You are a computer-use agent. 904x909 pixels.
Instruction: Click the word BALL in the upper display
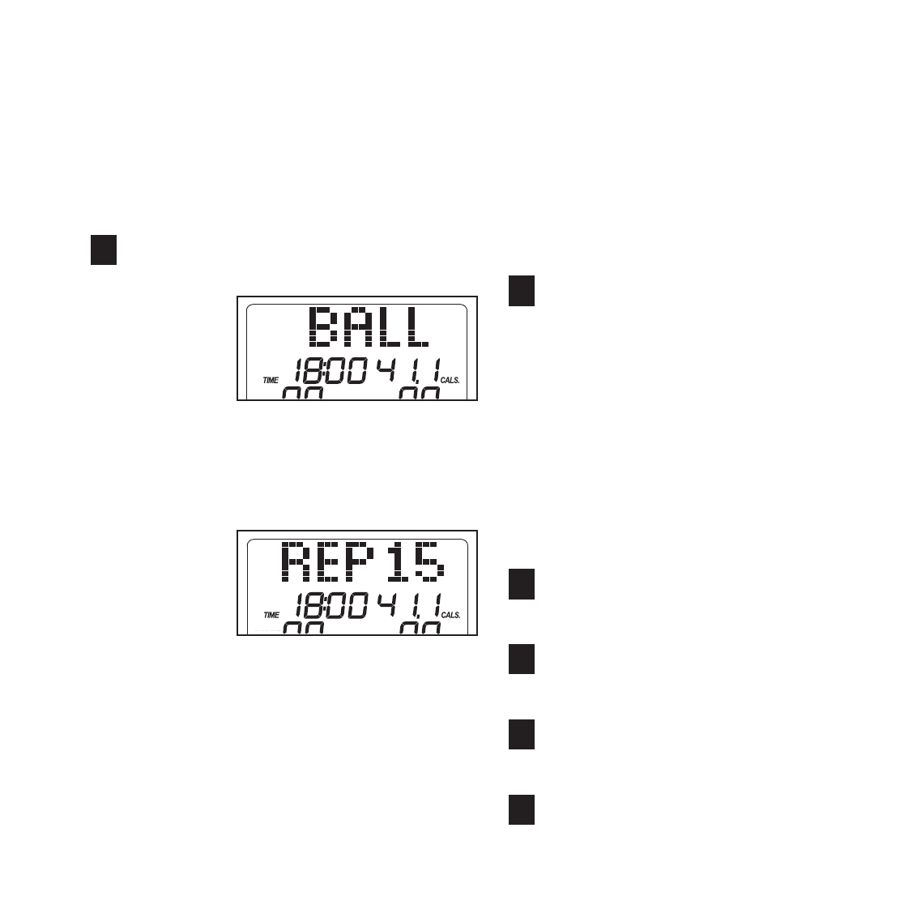370,329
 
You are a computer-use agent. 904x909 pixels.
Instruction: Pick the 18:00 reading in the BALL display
330,373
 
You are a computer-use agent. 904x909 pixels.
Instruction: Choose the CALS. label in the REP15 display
450,615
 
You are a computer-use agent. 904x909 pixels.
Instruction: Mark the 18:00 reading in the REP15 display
330,608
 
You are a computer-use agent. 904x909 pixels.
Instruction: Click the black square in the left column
104,250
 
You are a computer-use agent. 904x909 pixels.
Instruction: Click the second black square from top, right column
522,584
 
